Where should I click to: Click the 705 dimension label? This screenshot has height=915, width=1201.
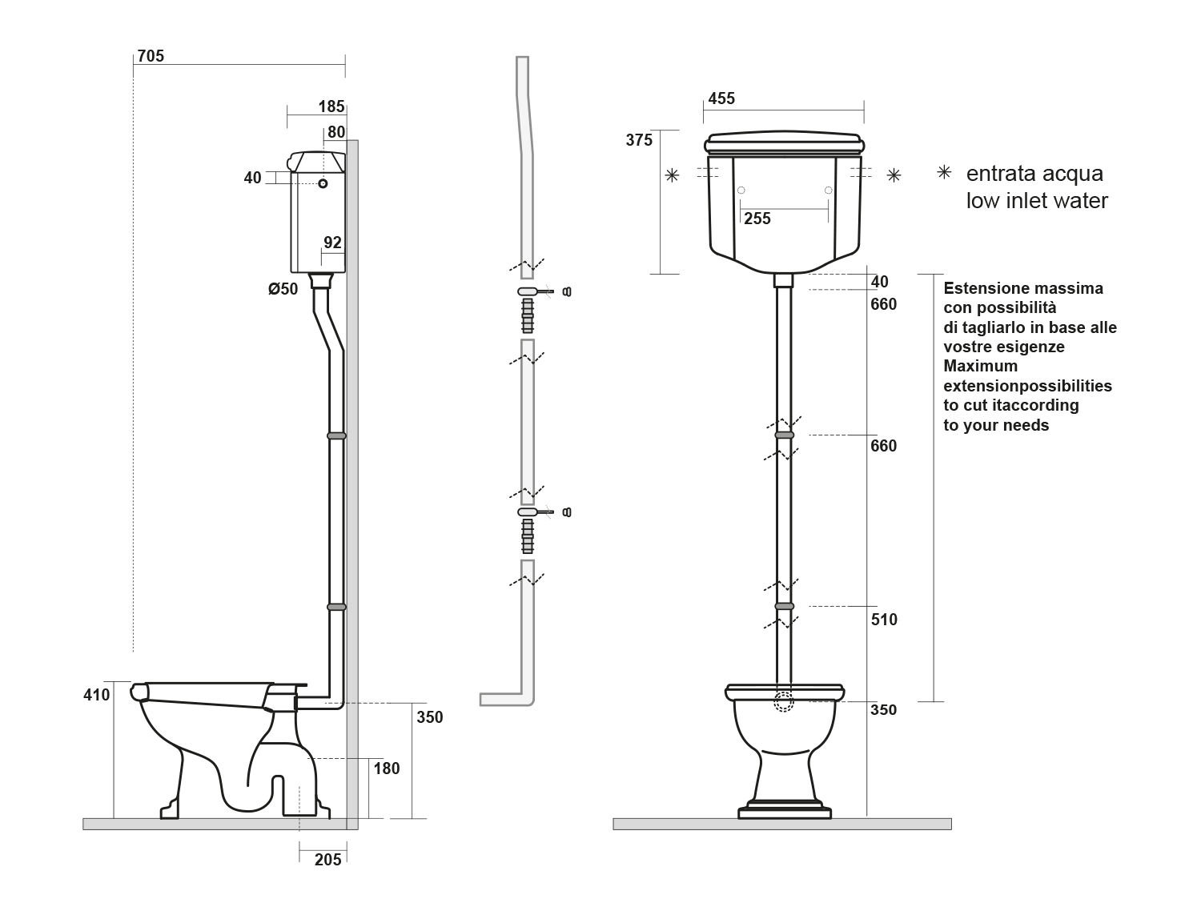151,56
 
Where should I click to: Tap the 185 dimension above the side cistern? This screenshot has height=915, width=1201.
331,106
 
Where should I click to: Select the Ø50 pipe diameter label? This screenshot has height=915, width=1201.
283,289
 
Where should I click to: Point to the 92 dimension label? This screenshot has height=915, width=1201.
332,243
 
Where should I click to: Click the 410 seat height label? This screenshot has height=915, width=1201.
96,695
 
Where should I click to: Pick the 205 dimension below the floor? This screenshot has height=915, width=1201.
327,860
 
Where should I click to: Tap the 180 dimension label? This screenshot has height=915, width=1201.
387,769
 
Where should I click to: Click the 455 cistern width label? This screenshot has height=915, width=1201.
721,98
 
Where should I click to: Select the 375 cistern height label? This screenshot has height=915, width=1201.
639,140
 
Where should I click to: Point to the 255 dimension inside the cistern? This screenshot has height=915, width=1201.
757,219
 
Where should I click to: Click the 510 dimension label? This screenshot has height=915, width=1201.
884,620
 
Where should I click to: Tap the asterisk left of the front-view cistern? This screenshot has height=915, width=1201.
672,175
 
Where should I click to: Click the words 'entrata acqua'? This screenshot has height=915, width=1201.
1034,174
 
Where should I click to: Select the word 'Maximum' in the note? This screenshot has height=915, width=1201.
980,366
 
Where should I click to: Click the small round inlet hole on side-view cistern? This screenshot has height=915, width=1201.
323,184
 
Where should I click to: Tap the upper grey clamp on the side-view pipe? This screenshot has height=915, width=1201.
336,435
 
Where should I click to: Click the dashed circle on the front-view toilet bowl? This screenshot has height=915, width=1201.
784,702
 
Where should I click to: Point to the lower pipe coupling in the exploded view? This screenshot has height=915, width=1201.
527,536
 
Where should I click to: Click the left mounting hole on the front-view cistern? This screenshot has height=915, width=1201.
741,190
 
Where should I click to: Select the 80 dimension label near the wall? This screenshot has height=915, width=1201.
335,132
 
